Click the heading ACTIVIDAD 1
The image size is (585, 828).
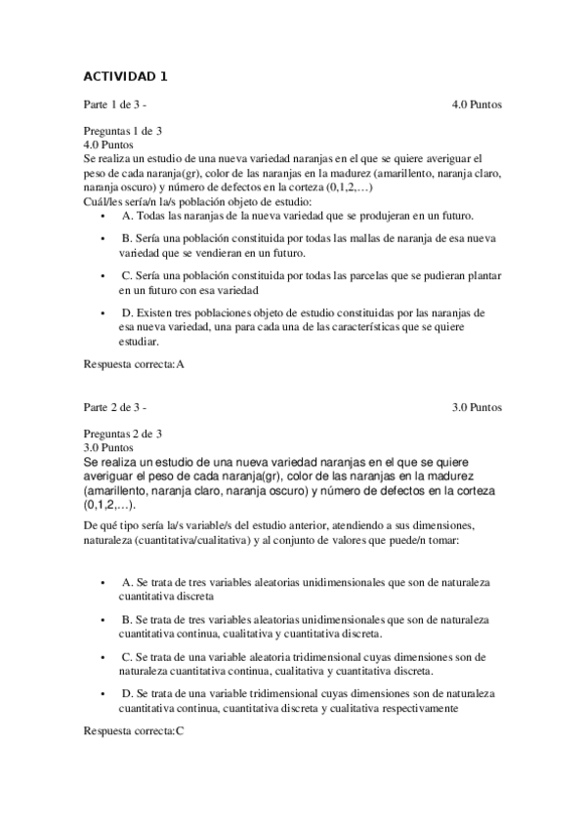pos(126,76)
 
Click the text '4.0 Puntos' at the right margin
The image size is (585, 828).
pos(477,103)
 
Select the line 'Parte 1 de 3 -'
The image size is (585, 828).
pos(115,103)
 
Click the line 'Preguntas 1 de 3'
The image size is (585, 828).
pos(123,131)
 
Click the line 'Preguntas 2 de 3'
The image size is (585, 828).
pos(123,434)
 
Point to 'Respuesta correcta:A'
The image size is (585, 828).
pos(134,364)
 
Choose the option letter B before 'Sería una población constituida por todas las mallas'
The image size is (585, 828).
pos(126,237)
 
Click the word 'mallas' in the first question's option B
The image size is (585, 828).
pos(332,237)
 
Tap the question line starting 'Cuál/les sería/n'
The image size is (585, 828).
pos(157,201)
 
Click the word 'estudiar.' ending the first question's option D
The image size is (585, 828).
pos(138,342)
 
